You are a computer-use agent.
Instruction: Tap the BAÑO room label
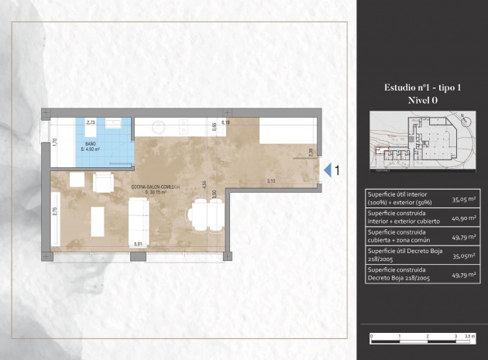91,145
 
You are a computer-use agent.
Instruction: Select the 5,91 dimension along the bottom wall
138,245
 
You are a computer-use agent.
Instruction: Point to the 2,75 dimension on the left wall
54,214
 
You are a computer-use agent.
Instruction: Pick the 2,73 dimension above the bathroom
91,122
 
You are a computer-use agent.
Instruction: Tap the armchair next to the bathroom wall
104,183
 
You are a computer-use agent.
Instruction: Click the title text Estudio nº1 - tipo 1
422,87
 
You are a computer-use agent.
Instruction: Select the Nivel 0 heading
422,100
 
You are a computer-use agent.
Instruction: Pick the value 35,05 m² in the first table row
462,199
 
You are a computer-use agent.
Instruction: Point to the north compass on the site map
463,119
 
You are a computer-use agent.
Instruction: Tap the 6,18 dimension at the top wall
226,122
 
